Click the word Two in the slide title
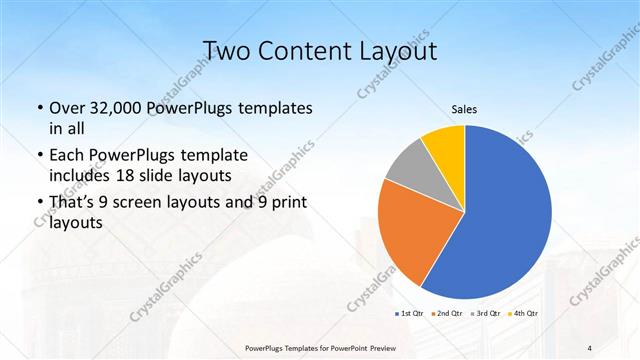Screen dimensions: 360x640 (x=228, y=51)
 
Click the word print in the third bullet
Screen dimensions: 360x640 (x=289, y=204)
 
